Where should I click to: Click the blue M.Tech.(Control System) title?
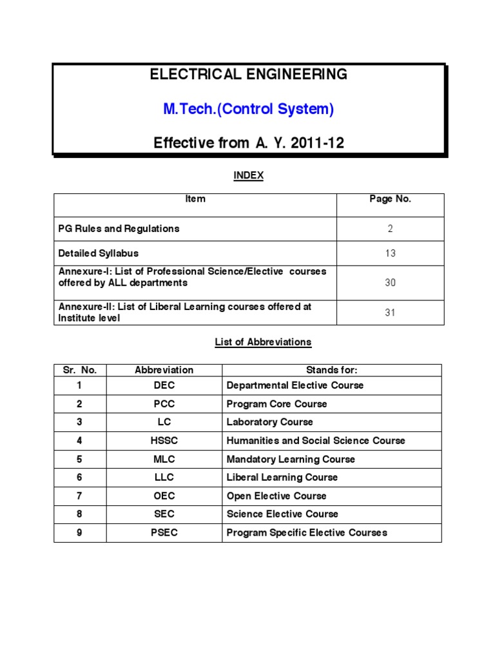tap(248, 109)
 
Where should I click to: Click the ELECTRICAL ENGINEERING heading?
tap(248, 74)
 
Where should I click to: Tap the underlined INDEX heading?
tap(248, 176)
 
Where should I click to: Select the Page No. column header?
tap(390, 199)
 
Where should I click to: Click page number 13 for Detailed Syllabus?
tap(390, 253)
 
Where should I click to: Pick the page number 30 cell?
tap(390, 283)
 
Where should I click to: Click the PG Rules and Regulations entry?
tap(119, 229)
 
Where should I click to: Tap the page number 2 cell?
tap(390, 229)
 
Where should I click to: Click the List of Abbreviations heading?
tap(263, 342)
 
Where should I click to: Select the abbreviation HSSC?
tap(164, 441)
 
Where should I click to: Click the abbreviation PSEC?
tap(164, 532)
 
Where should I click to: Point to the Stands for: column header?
tap(331, 370)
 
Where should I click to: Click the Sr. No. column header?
tap(80, 370)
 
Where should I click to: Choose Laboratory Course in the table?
tap(269, 422)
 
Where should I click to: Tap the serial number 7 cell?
tap(80, 496)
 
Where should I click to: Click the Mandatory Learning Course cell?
tap(291, 460)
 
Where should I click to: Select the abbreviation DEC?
tap(164, 385)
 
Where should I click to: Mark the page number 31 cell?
tap(390, 313)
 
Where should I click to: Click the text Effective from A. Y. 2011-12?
tap(248, 143)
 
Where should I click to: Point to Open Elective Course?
tap(277, 496)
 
